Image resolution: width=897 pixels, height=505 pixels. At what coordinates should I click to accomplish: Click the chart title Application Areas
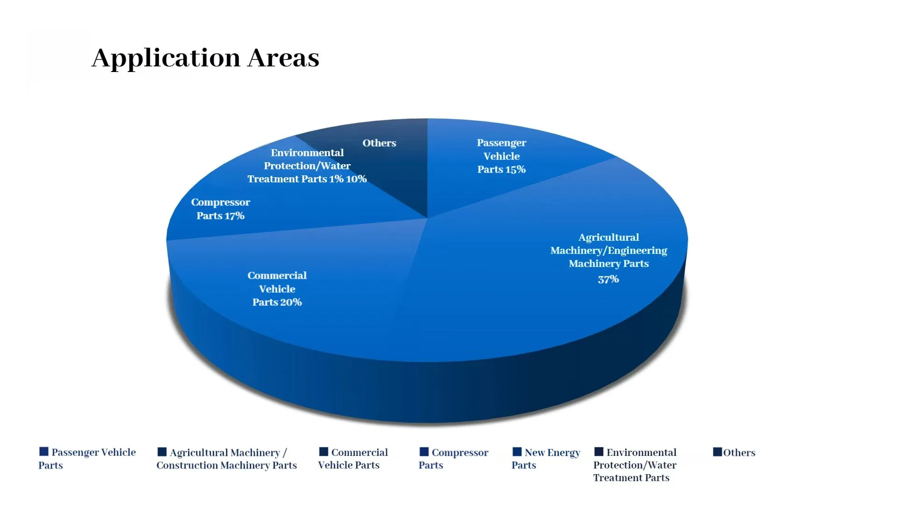[205, 58]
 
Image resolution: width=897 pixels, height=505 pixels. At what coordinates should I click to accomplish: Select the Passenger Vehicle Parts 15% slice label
[501, 156]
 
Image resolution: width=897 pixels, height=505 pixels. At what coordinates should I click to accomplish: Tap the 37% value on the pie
[608, 280]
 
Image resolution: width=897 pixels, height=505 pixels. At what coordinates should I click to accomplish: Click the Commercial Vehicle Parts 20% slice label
[277, 289]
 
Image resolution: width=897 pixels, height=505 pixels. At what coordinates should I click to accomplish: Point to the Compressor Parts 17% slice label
[221, 209]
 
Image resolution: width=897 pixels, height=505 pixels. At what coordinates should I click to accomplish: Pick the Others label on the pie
[379, 143]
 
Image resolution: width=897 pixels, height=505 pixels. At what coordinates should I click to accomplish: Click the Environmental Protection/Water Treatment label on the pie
[307, 166]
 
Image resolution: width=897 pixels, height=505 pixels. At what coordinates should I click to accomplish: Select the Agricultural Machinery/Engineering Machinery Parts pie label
[609, 251]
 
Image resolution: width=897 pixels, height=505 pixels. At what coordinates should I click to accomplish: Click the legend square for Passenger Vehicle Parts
[44, 451]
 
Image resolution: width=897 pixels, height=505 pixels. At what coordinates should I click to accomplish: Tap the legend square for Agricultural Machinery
[162, 452]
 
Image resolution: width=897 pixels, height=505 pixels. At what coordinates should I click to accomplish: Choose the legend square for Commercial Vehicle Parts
[324, 451]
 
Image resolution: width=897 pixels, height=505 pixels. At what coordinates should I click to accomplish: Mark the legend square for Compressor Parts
[424, 451]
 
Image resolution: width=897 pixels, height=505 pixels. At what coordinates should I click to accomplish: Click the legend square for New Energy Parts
[517, 451]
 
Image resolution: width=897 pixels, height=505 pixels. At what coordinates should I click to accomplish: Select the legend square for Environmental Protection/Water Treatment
[599, 451]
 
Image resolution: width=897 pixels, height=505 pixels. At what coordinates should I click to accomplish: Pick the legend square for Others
[718, 452]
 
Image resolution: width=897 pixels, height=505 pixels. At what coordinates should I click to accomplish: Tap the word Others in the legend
[739, 453]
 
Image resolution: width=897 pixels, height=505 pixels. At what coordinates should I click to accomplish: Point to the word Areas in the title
[283, 58]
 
